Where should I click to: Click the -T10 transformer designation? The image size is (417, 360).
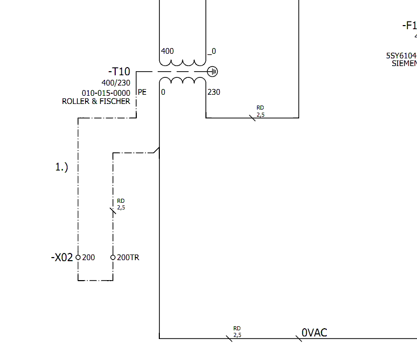pos(119,72)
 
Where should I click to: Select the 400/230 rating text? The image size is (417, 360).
pos(116,83)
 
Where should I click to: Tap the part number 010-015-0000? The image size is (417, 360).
pos(106,93)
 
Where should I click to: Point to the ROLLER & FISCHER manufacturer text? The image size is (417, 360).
pos(96,101)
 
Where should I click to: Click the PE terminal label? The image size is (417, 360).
pos(142,93)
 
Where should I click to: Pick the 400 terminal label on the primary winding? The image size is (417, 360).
pos(167,51)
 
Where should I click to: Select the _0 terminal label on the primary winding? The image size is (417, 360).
pos(212,51)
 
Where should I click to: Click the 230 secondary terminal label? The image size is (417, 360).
pos(214,92)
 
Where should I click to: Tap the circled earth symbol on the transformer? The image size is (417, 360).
pos(213,72)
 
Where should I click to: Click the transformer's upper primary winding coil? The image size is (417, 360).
pos(182,62)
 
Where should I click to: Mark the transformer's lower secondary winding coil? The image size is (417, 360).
pos(182,81)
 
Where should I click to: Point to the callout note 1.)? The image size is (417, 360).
pos(61,167)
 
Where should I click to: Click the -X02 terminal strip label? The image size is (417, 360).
pos(62,258)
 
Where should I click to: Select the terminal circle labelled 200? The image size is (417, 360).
pos(78,257)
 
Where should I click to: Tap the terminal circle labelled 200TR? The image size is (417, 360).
pos(113,257)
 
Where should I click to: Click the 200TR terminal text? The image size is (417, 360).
pos(128,258)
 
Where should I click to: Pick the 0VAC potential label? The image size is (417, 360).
pos(314,333)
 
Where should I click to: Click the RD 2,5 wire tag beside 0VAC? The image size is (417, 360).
pos(237,332)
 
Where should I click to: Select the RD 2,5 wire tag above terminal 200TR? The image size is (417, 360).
pos(121,204)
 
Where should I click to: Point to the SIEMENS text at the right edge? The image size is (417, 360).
pos(404,64)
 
